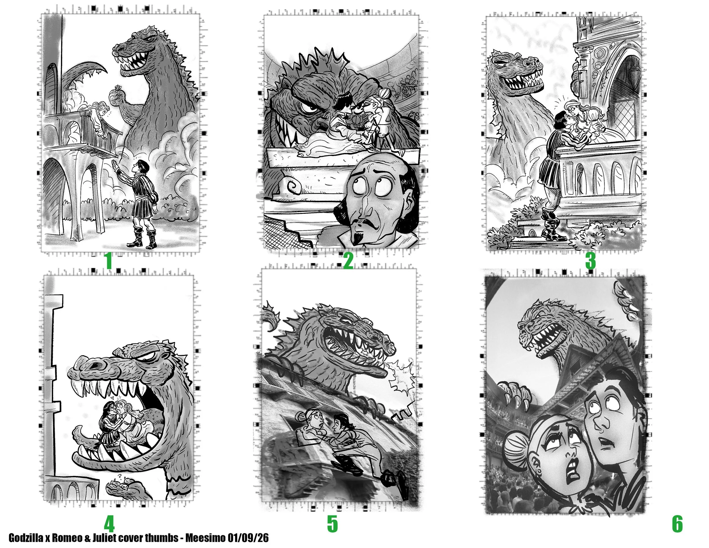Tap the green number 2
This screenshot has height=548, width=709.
pos(348,261)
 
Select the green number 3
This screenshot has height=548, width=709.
pos(590,261)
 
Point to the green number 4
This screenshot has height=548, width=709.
pos(109,524)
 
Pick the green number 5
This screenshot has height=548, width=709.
pos(332,524)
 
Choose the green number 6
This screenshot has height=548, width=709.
pos(677,524)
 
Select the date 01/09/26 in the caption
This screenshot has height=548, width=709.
pos(248,538)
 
